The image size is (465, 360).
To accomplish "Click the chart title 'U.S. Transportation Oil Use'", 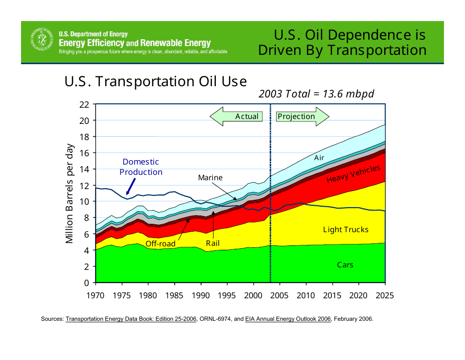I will (x=155, y=82).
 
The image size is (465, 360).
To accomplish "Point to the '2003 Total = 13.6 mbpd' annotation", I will (x=316, y=94).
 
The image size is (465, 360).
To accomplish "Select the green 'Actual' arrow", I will (x=236, y=117).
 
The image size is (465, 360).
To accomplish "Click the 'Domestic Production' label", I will (x=141, y=167).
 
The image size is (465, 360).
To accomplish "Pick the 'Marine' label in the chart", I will (x=210, y=178).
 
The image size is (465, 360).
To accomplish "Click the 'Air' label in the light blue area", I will (x=319, y=158).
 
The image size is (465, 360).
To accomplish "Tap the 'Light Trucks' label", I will (x=346, y=230).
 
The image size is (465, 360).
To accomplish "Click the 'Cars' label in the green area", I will (x=345, y=265).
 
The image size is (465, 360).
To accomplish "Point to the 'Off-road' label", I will (x=160, y=243).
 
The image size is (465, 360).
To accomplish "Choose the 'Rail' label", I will (x=213, y=243).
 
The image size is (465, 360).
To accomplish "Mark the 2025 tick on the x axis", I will (x=385, y=296).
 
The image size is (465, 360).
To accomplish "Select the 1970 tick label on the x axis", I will (x=95, y=296).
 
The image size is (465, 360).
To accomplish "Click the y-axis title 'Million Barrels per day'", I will (x=70, y=193).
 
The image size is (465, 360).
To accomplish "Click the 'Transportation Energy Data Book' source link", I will (x=131, y=319).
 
